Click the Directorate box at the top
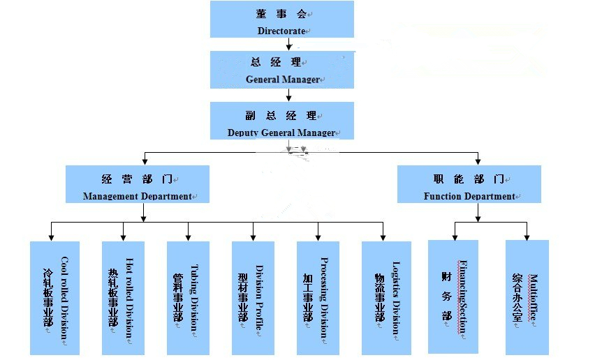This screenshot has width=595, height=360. [281, 20]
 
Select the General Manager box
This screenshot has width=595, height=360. [281, 70]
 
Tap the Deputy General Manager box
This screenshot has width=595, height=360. [281, 120]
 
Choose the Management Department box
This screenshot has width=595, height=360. [138, 184]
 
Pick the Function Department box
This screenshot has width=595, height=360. [469, 184]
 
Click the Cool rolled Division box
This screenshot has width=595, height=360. [55, 298]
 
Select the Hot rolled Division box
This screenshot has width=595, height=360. [123, 298]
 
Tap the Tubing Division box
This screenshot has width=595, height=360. [188, 298]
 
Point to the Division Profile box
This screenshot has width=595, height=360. [253, 298]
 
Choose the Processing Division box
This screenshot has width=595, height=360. [318, 298]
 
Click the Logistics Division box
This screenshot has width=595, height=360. [383, 298]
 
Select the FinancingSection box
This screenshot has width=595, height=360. [453, 297]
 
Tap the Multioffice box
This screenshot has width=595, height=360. [527, 297]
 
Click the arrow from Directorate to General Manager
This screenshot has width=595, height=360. [289, 45]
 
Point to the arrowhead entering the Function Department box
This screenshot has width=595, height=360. [478, 161]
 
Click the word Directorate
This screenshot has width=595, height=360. [281, 31]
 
